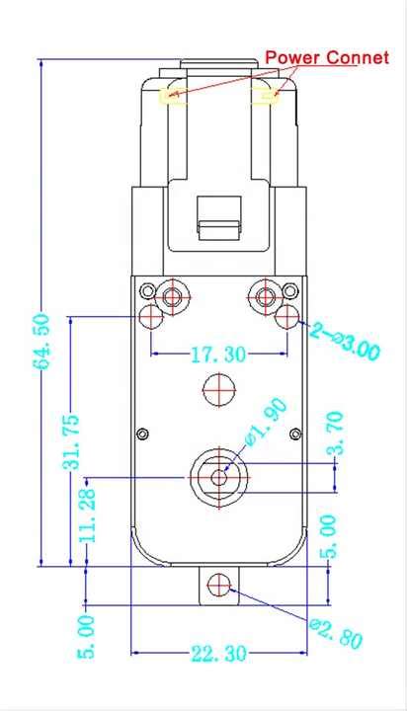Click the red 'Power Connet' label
pyautogui.click(x=327, y=57)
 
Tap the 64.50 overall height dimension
pyautogui.click(x=42, y=341)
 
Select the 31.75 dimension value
pyautogui.click(x=71, y=440)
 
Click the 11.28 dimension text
pyautogui.click(x=87, y=514)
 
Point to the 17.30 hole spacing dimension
pyautogui.click(x=218, y=354)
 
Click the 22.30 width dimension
pyautogui.click(x=218, y=654)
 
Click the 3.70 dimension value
pyautogui.click(x=336, y=434)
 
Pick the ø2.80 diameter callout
pyautogui.click(x=336, y=633)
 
